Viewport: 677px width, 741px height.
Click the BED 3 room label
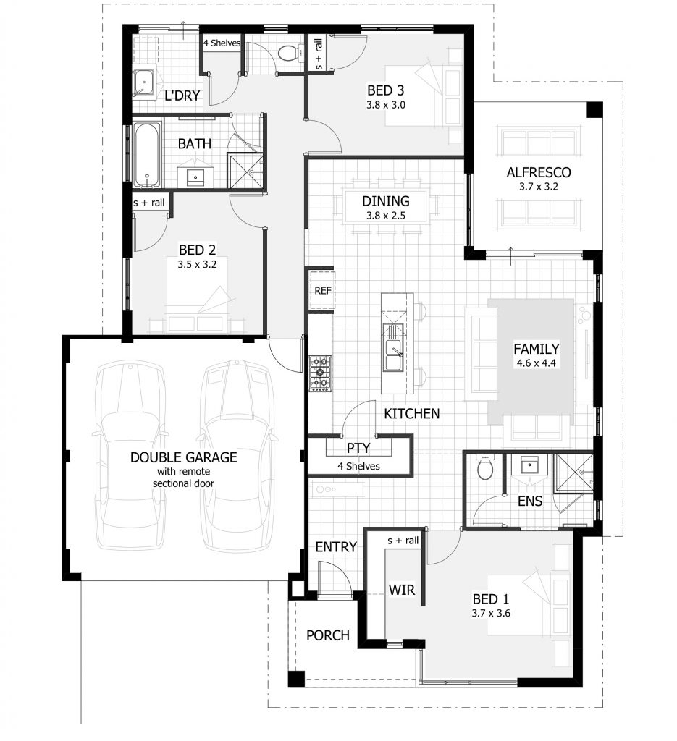(x=384, y=91)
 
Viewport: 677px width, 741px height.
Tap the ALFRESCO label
(x=538, y=172)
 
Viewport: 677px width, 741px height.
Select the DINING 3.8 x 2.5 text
(x=386, y=208)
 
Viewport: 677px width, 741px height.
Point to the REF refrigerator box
(x=321, y=291)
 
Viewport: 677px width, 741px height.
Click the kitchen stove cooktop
(x=319, y=373)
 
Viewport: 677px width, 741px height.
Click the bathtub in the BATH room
(x=147, y=155)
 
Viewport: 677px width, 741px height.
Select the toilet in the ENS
(x=485, y=470)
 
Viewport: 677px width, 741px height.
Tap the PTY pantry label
(x=358, y=449)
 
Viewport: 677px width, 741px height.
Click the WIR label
(x=401, y=590)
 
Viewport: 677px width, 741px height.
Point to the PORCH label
(x=327, y=635)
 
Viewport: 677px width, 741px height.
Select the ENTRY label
(x=336, y=547)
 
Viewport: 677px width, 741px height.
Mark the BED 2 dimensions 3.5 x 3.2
(x=197, y=265)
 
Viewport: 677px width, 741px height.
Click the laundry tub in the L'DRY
(x=144, y=83)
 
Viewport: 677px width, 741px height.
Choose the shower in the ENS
(x=573, y=475)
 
